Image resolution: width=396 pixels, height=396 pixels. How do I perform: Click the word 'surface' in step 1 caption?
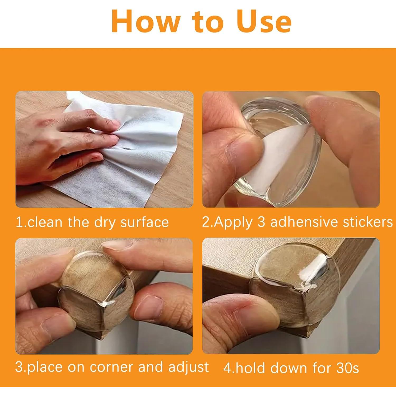[x=144, y=222]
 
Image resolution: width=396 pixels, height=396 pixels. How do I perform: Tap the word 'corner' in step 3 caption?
[x=112, y=367]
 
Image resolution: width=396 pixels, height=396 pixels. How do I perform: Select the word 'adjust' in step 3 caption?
[x=188, y=367]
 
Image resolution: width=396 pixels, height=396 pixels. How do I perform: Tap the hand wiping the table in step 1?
[x=61, y=140]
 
